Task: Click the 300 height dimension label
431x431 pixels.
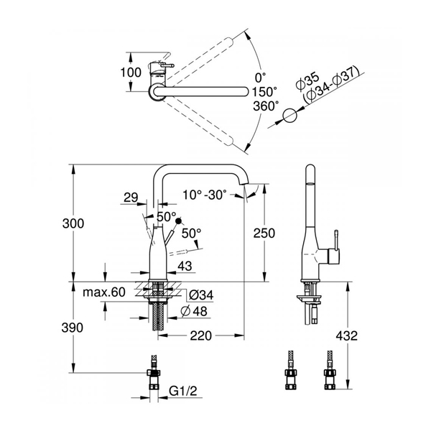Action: click(73, 223)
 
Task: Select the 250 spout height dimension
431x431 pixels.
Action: click(264, 233)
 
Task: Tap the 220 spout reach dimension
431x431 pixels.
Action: click(201, 335)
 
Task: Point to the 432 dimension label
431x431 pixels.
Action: click(347, 335)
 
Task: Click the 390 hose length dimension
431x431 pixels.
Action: click(73, 328)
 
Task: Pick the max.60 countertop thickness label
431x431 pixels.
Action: click(104, 292)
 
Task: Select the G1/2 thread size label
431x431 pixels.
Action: click(183, 391)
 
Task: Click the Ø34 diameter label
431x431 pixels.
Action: click(201, 295)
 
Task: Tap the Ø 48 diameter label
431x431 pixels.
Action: click(194, 312)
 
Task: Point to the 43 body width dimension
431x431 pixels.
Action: click(185, 266)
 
